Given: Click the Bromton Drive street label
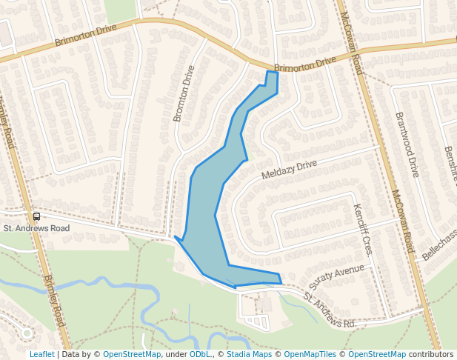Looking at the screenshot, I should pos(183,93).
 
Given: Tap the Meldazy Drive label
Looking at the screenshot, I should pos(289,170).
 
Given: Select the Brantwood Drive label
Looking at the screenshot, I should pos(407,145).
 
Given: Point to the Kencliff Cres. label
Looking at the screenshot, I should pos(363,229).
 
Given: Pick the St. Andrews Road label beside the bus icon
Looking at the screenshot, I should pos(36,228).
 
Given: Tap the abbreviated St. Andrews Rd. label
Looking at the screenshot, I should pos(330,310).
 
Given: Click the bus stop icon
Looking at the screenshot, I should pos(36,216).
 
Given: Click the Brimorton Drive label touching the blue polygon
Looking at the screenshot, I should pos(305,67).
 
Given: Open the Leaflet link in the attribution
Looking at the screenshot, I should pos(41,354).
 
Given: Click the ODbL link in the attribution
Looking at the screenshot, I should pos(199,354).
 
